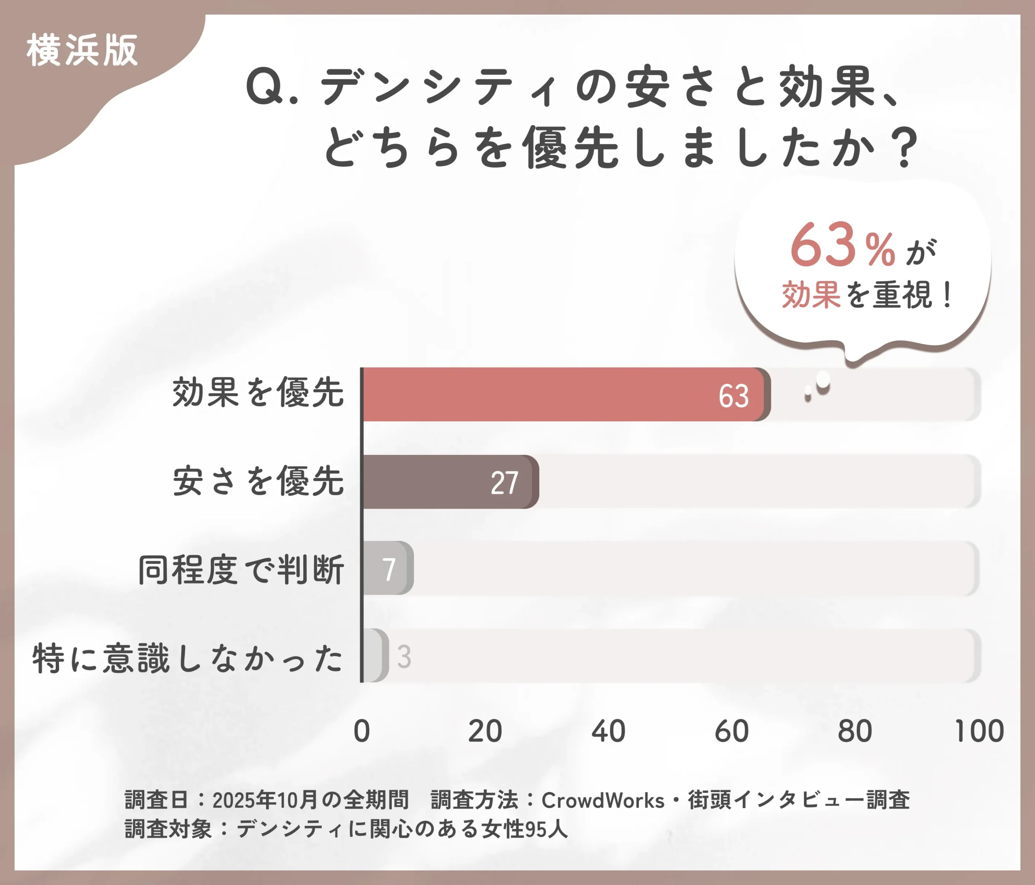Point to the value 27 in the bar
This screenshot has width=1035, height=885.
(x=504, y=484)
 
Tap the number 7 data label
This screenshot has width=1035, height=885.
(x=389, y=569)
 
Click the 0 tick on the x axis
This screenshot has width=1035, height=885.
(x=362, y=732)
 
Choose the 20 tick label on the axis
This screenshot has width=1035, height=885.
(x=484, y=732)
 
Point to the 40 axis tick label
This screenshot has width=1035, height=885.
(x=608, y=732)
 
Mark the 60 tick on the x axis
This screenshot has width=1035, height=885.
(x=731, y=732)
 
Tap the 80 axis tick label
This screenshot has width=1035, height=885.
(x=855, y=732)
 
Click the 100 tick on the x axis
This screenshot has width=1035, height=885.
(x=978, y=732)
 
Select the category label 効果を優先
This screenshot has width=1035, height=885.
(x=258, y=393)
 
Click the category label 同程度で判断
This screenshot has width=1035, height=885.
(x=241, y=569)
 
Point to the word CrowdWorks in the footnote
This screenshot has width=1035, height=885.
(x=602, y=801)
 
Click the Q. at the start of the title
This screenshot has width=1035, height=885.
(x=272, y=88)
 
